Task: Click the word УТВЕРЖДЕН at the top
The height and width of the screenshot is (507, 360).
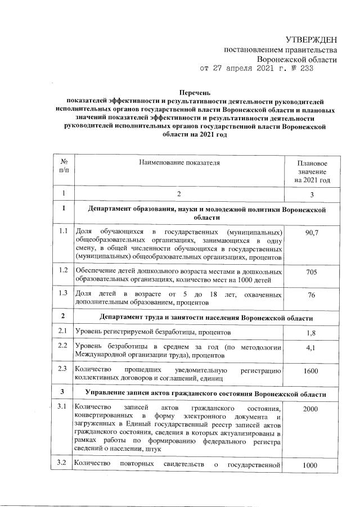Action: point(311,39)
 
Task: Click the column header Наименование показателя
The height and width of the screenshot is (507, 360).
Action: point(178,162)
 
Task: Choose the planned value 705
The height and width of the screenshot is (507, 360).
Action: point(311,272)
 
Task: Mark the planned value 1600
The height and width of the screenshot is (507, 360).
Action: point(311,372)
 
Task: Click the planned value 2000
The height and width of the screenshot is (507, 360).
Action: point(311,410)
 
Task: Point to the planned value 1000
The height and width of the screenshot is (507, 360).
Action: point(311,466)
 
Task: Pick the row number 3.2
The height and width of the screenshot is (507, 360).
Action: point(64,464)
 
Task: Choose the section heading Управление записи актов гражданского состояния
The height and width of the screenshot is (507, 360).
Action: point(205,391)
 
